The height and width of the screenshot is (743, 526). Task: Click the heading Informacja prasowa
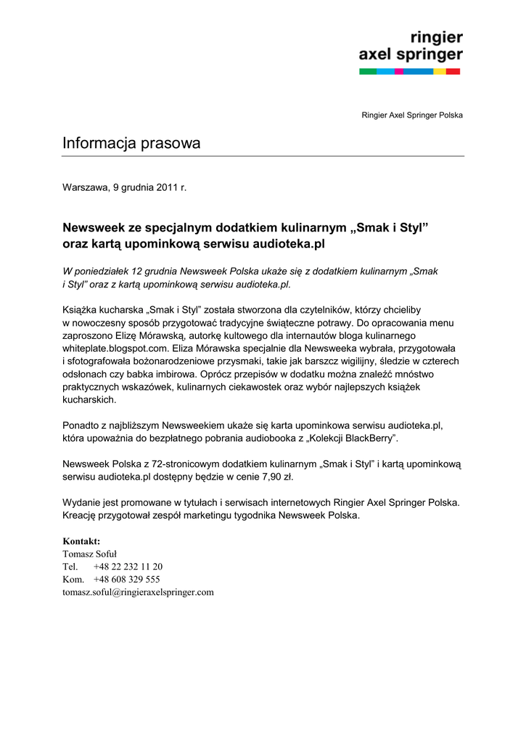131,144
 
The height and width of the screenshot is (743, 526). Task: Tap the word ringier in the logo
436,38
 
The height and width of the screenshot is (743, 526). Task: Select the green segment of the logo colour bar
368,71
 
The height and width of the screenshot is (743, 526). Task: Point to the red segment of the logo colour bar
453,71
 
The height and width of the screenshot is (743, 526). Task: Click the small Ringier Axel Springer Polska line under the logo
412,115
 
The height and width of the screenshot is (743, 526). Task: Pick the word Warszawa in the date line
85,187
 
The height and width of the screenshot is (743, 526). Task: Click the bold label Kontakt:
81,541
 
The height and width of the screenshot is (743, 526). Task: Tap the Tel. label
70,567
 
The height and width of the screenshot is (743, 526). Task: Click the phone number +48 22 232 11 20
128,567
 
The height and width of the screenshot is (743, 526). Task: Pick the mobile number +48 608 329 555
127,579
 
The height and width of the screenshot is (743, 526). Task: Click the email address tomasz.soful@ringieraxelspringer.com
138,592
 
